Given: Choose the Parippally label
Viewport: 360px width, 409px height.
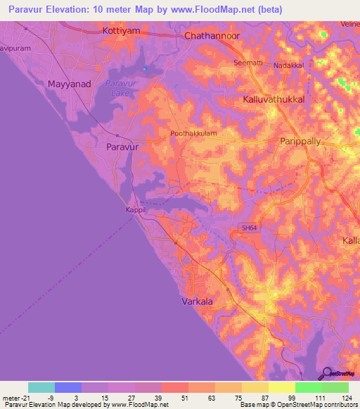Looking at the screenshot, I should pyautogui.click(x=305, y=141).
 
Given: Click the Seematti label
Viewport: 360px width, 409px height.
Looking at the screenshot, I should pyautogui.click(x=247, y=63).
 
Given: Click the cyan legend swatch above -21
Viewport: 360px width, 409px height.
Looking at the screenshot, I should pyautogui.click(x=41, y=387).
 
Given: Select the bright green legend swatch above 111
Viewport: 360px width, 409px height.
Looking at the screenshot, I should pyautogui.click(x=308, y=387).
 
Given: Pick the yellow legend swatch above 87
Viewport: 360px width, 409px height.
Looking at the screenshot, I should pyautogui.click(x=255, y=387).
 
